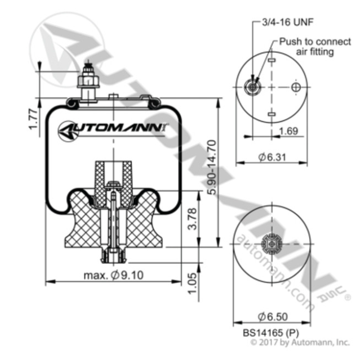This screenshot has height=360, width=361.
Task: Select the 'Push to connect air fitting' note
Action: coord(307,47)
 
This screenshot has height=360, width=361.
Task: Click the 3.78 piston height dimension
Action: coord(191,220)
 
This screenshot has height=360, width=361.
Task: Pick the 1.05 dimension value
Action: coord(191,279)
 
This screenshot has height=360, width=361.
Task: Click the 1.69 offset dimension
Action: coord(288,132)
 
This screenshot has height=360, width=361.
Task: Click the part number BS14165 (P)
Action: coord(268,332)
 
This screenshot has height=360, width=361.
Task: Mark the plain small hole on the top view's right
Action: coord(296,87)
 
